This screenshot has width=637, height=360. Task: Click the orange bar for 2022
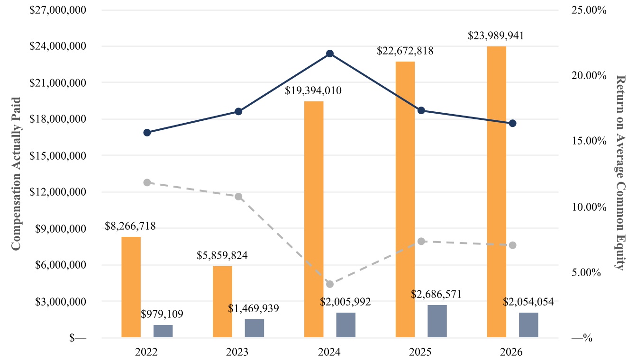click(x=131, y=287)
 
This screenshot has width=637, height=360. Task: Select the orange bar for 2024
click(x=314, y=219)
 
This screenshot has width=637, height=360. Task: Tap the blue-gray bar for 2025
click(x=437, y=321)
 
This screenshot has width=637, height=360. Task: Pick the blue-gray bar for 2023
click(x=255, y=328)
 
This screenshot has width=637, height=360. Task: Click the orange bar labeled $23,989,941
click(x=497, y=192)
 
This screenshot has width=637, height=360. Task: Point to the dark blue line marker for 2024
click(x=330, y=54)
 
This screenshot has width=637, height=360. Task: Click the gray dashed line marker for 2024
click(x=330, y=284)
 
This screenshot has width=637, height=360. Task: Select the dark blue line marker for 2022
click(x=147, y=133)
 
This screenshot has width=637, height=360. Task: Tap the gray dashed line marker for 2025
click(x=421, y=242)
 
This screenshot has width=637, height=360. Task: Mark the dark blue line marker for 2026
click(x=512, y=123)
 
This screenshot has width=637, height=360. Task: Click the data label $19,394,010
click(x=313, y=90)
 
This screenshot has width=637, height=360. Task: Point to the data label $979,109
click(x=162, y=314)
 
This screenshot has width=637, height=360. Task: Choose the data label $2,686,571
click(x=436, y=294)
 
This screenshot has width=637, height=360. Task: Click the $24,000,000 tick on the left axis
click(x=58, y=46)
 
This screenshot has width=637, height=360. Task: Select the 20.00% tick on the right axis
click(x=589, y=76)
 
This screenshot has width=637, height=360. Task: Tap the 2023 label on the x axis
click(x=237, y=352)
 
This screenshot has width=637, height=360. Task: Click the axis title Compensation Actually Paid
click(x=16, y=174)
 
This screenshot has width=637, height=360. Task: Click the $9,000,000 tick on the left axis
click(x=61, y=229)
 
